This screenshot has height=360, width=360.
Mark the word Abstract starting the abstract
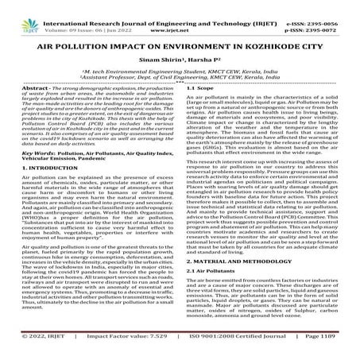pos(29,108)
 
